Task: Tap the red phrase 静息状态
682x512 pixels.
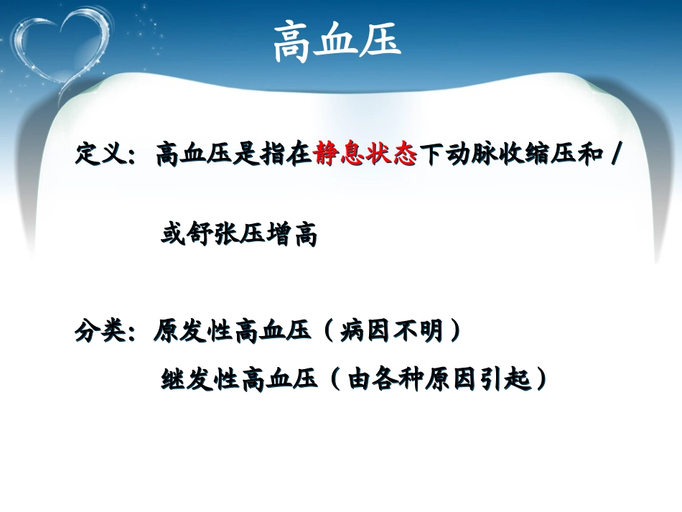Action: pos(365,155)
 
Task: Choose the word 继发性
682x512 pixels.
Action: pos(200,378)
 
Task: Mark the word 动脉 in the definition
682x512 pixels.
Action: pos(470,155)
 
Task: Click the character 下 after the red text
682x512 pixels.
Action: pos(431,155)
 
